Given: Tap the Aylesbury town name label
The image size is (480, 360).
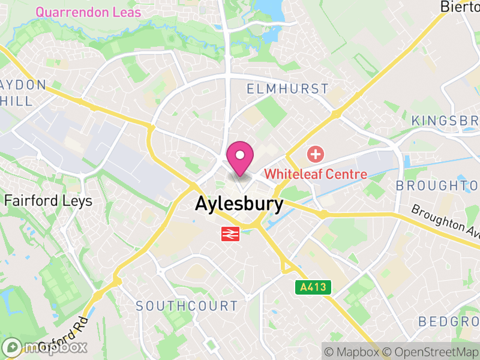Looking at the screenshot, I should coord(239,204).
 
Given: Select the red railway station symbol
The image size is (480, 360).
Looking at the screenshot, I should coord(230,234).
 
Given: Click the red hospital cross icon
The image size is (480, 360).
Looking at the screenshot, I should coord(314,155).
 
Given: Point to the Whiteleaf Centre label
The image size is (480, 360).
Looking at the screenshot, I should coord(316,174).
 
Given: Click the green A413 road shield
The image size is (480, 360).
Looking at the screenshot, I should coord(314,287).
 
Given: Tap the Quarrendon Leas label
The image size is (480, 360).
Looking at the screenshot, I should coord(88,12).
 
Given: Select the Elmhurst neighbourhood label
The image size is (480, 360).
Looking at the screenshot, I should coord(288,89).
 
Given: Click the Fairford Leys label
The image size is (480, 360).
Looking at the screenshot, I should coord(49,200).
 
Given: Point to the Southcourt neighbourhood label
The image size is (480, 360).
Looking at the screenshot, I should coord(187,306).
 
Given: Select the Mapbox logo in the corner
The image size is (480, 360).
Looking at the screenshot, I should coord(45,347).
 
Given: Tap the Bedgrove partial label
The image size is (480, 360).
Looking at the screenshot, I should coord(449,322).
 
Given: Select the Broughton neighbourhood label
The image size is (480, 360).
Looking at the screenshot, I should coord(437,185).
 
